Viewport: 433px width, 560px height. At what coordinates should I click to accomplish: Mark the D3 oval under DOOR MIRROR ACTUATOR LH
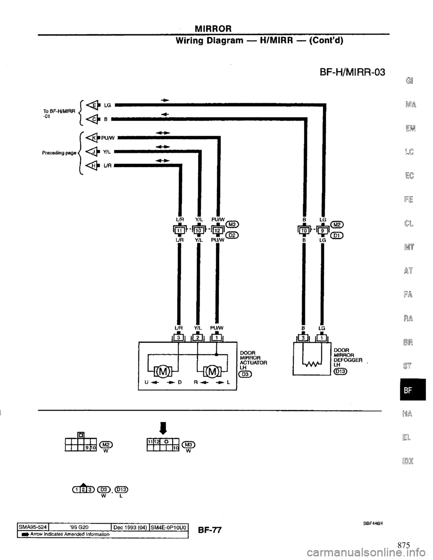246,373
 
